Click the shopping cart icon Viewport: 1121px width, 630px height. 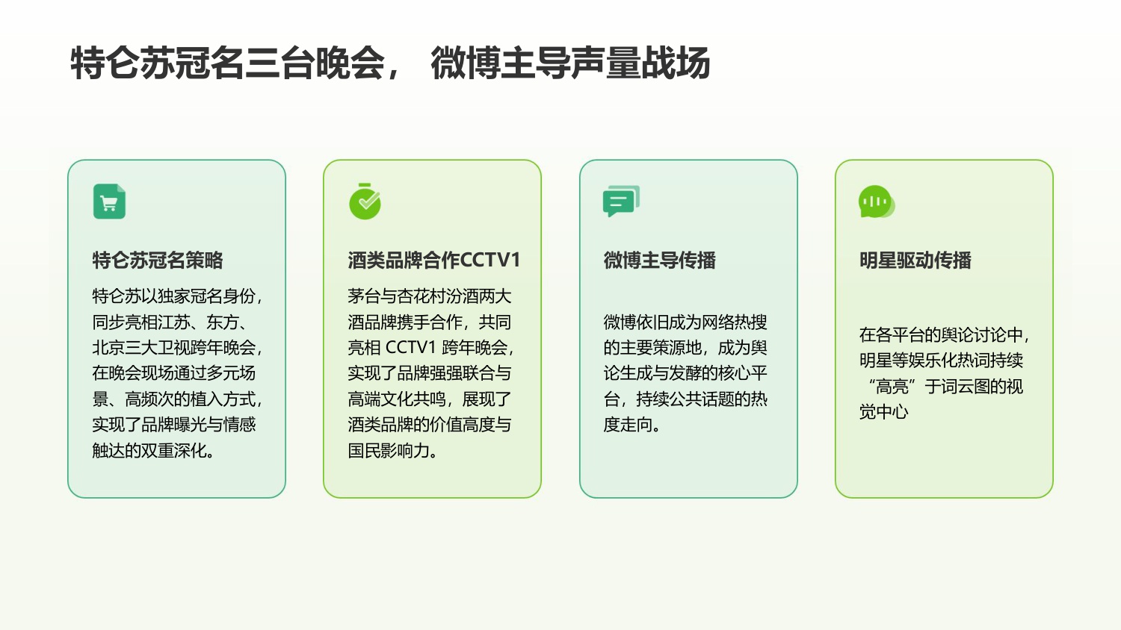[109, 202]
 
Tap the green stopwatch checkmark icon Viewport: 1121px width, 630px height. [365, 202]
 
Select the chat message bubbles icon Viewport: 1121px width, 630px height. [621, 202]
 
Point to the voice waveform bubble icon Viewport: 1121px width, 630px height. [876, 202]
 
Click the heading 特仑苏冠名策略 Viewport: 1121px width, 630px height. [158, 261]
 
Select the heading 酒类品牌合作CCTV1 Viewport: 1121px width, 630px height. [433, 261]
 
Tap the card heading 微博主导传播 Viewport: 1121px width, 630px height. [659, 261]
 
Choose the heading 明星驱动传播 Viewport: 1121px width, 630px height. [915, 261]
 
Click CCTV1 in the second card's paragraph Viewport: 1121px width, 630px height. [410, 348]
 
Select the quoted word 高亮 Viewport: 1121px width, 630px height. [892, 387]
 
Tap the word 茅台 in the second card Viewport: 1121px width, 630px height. [364, 296]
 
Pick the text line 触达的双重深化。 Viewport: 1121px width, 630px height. [154, 451]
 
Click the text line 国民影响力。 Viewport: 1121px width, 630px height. [393, 451]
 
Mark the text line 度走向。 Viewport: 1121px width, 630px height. [632, 425]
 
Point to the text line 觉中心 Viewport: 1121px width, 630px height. [883, 412]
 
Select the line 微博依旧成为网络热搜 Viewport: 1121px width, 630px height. [685, 322]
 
